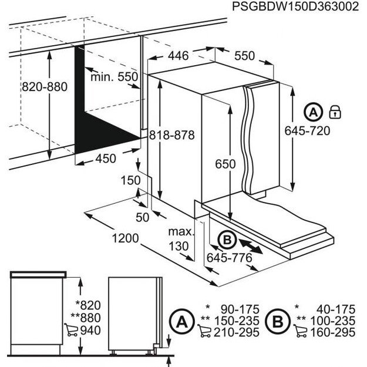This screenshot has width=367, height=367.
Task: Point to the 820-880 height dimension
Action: pyautogui.click(x=45, y=86)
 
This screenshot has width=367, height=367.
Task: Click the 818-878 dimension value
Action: pyautogui.click(x=171, y=134)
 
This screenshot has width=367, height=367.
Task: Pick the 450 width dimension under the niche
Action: pyautogui.click(x=106, y=158)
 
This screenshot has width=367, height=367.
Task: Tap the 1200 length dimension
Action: pyautogui.click(x=122, y=238)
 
